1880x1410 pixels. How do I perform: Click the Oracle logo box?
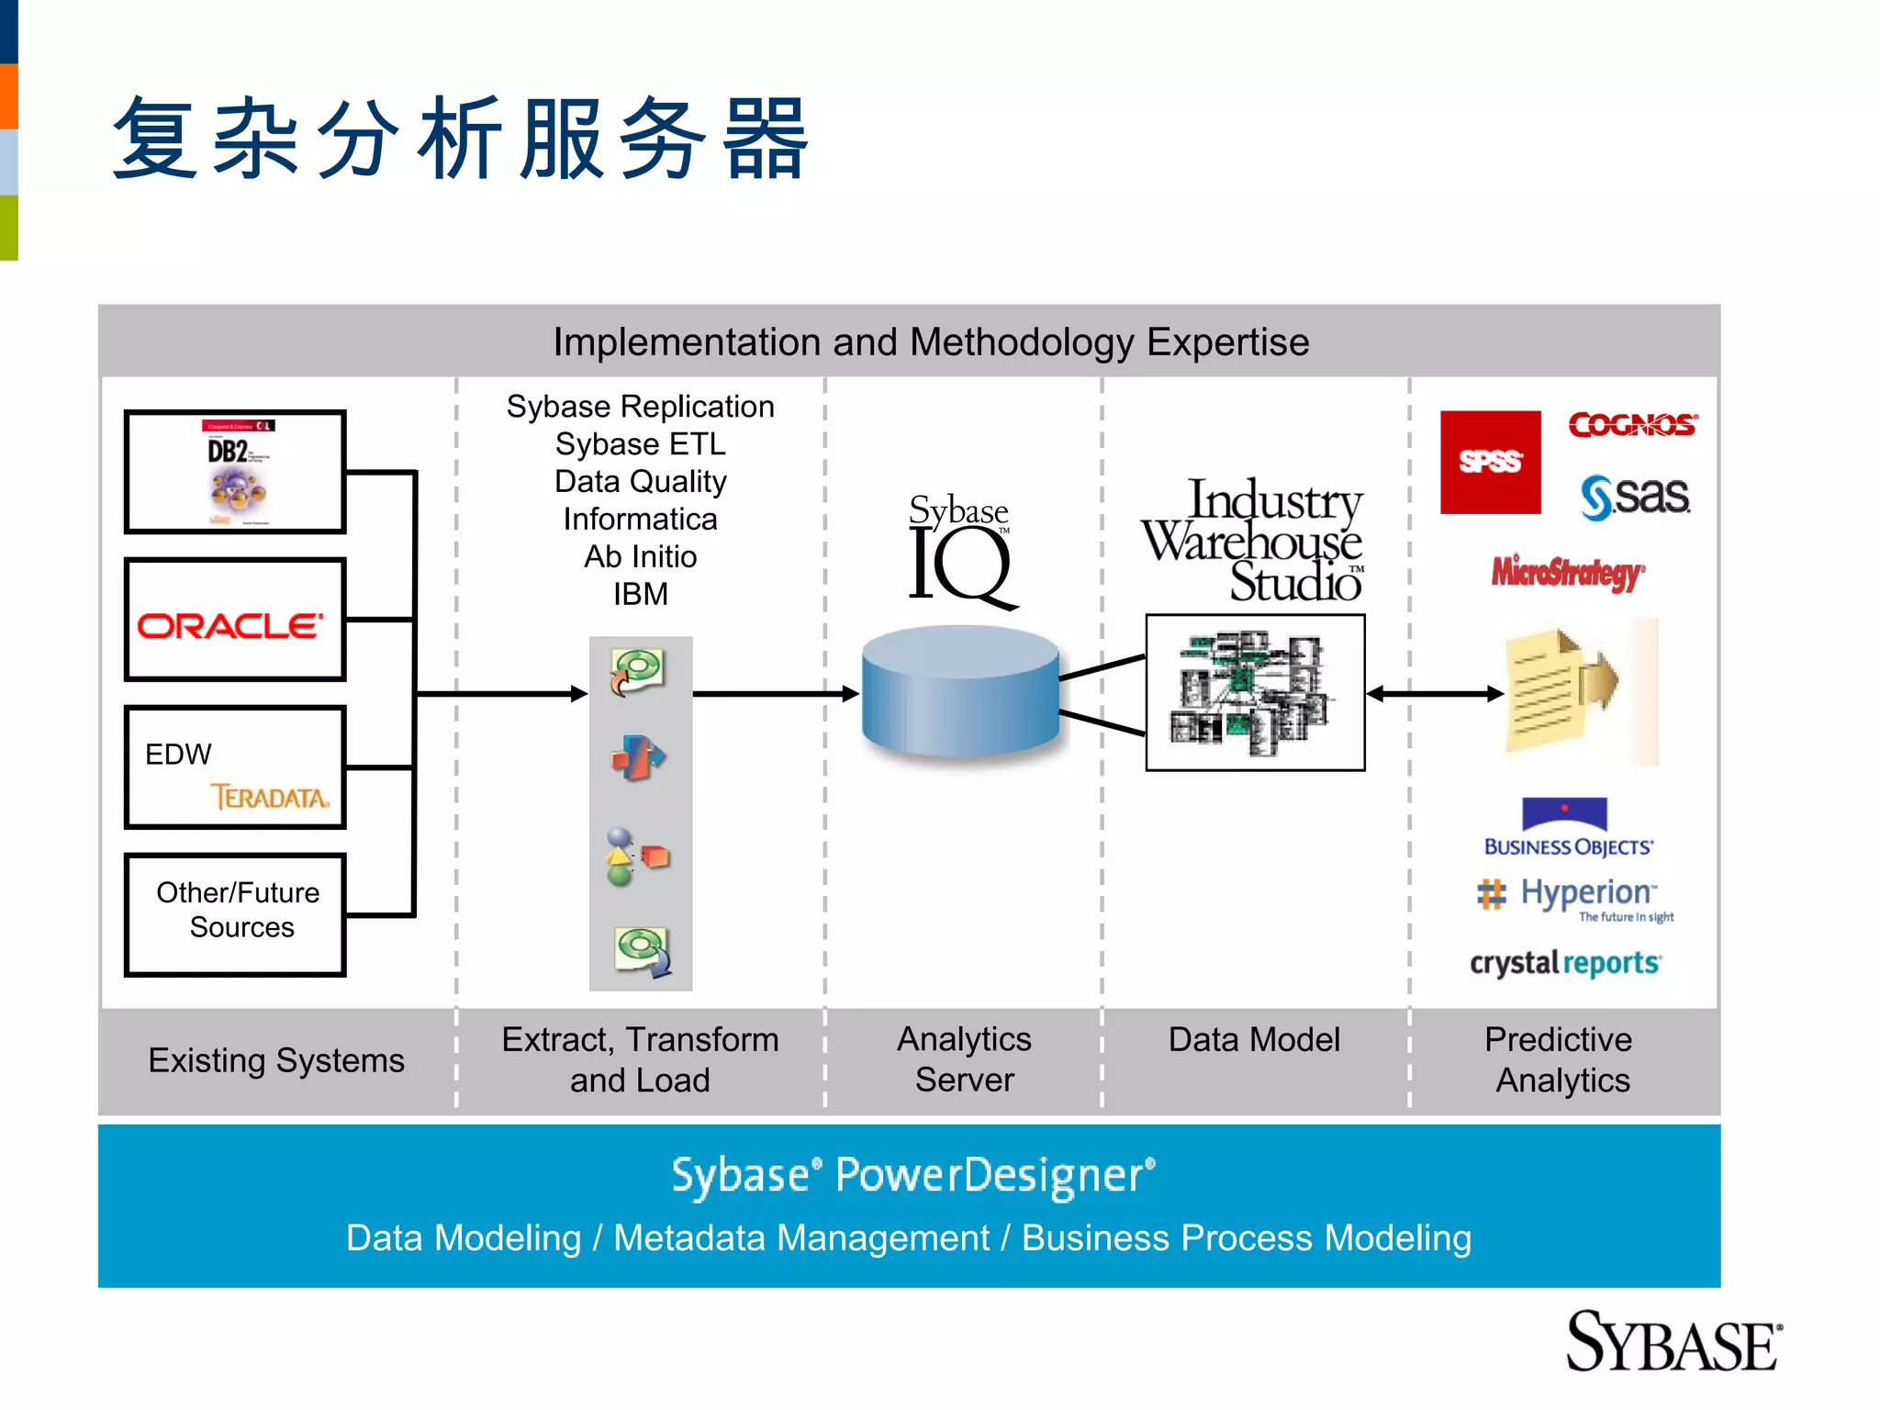pyautogui.click(x=235, y=621)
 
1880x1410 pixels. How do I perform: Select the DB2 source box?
pyautogui.click(x=235, y=472)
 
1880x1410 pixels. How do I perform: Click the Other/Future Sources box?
pyautogui.click(x=236, y=914)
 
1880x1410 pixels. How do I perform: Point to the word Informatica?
pyautogui.click(x=640, y=520)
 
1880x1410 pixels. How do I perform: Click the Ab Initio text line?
pyautogui.click(x=640, y=557)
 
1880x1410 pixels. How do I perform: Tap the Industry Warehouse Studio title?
pyautogui.click(x=1254, y=542)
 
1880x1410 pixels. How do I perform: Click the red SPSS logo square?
pyautogui.click(x=1490, y=462)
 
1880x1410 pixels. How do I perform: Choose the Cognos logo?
pyautogui.click(x=1632, y=424)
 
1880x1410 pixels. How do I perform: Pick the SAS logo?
pyautogui.click(x=1635, y=497)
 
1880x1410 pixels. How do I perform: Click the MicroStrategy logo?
pyautogui.click(x=1568, y=573)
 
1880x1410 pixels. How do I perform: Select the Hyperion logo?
pyautogui.click(x=1575, y=897)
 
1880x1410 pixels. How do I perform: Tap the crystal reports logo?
pyautogui.click(x=1565, y=963)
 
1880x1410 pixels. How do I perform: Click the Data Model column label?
pyautogui.click(x=1254, y=1040)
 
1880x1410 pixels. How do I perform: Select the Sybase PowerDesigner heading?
pyautogui.click(x=912, y=1176)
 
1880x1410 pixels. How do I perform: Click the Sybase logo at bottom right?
pyautogui.click(x=1673, y=1343)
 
